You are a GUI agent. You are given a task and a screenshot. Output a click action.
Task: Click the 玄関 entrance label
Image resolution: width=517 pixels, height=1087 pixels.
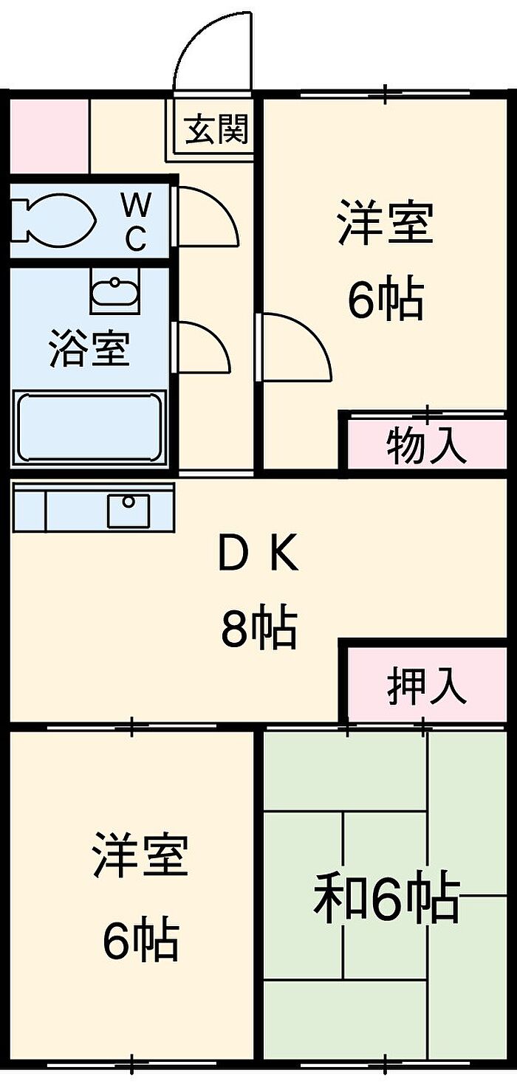click(x=216, y=131)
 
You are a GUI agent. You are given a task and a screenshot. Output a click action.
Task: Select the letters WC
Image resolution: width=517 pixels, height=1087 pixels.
click(x=134, y=219)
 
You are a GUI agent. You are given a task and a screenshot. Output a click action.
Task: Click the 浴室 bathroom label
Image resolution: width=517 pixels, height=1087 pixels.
click(x=89, y=349)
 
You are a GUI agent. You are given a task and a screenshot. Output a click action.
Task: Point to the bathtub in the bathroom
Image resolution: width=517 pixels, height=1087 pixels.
click(x=89, y=427)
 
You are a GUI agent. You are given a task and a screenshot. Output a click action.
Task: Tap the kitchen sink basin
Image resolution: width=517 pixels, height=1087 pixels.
click(x=129, y=510)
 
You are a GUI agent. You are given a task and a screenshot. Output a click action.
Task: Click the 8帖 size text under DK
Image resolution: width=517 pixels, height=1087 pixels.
click(x=258, y=628)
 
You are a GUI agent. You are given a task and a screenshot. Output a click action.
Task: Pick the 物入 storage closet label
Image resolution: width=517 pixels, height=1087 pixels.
click(x=427, y=446)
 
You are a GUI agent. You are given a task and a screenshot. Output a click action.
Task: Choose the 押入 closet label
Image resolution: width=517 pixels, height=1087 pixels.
click(x=427, y=686)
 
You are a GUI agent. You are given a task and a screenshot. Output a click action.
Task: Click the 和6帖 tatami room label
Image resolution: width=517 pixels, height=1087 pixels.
click(x=386, y=898)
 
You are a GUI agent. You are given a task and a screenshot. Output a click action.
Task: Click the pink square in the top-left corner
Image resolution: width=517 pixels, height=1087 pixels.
click(x=49, y=135)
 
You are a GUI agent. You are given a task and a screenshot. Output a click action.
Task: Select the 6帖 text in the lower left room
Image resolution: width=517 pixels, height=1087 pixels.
click(x=140, y=939)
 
